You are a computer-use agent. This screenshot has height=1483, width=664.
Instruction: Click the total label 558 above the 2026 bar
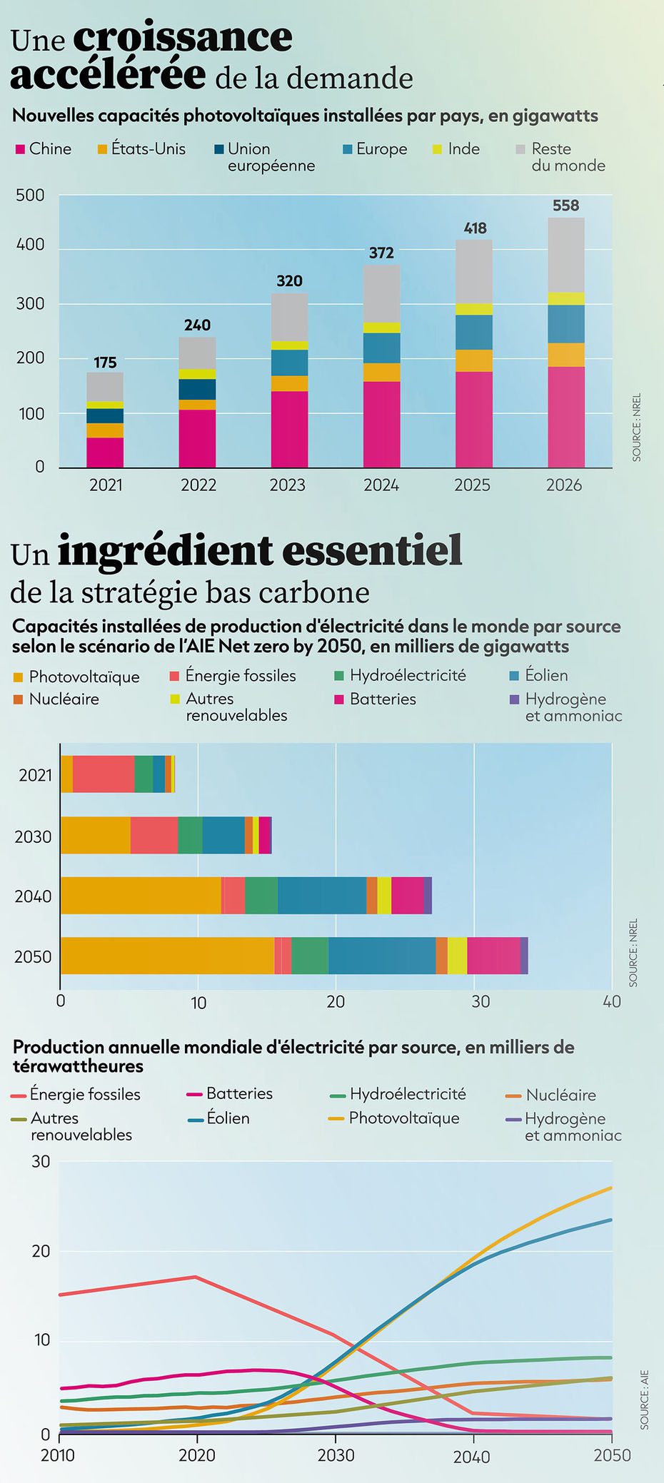click(565, 206)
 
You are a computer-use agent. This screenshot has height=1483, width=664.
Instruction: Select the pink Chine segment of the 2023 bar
click(289, 429)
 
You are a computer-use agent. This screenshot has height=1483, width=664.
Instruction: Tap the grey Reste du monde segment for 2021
click(105, 386)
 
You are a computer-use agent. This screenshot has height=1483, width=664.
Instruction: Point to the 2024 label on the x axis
click(381, 485)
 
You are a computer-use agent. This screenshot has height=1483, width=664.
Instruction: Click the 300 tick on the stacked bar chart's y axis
click(30, 304)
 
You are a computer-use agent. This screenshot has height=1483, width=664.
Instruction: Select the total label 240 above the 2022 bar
click(197, 325)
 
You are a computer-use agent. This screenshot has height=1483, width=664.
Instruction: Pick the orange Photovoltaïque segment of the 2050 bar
click(167, 955)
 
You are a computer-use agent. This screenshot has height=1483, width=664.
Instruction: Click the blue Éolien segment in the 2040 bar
click(321, 895)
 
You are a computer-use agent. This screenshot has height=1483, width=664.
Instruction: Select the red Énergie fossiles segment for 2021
click(104, 774)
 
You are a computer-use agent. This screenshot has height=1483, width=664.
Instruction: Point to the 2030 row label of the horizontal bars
click(34, 836)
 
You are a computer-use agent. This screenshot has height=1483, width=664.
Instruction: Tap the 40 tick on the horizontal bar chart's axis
click(611, 1002)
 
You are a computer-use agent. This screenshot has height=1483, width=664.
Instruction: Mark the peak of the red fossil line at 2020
click(196, 1277)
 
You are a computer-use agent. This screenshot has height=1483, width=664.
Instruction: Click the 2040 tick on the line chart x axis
click(471, 1456)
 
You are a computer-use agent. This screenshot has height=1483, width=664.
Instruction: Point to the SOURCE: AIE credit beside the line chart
click(644, 1399)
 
